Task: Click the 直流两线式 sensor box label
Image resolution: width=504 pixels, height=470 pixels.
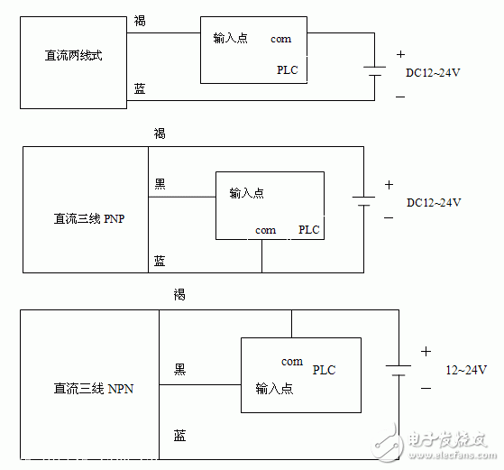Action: (x=74, y=56)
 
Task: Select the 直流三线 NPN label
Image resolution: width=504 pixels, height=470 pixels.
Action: (x=93, y=389)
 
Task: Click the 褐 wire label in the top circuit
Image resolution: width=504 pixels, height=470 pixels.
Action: (x=140, y=20)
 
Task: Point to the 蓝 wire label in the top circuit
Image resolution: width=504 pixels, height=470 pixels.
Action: (x=140, y=88)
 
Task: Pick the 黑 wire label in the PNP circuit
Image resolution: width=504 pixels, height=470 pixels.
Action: (x=160, y=184)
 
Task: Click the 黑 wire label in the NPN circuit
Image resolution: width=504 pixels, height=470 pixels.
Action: (x=180, y=369)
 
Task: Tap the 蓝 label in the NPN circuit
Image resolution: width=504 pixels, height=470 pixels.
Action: (x=180, y=436)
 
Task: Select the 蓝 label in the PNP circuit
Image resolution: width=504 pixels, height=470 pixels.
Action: (x=160, y=261)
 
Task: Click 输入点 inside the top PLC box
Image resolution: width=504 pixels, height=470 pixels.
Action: (x=232, y=39)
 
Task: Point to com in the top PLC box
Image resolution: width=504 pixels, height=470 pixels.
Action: (x=280, y=39)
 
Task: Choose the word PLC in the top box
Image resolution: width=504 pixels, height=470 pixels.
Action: (x=287, y=70)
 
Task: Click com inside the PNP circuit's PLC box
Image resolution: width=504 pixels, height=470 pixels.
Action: (x=265, y=230)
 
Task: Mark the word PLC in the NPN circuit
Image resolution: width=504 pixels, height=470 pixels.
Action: (x=324, y=370)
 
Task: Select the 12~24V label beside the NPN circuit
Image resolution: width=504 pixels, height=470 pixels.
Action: (x=465, y=370)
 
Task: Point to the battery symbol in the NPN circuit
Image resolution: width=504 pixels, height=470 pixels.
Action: (x=399, y=370)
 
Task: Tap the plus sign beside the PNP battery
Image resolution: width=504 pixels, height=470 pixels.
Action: (x=389, y=184)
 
